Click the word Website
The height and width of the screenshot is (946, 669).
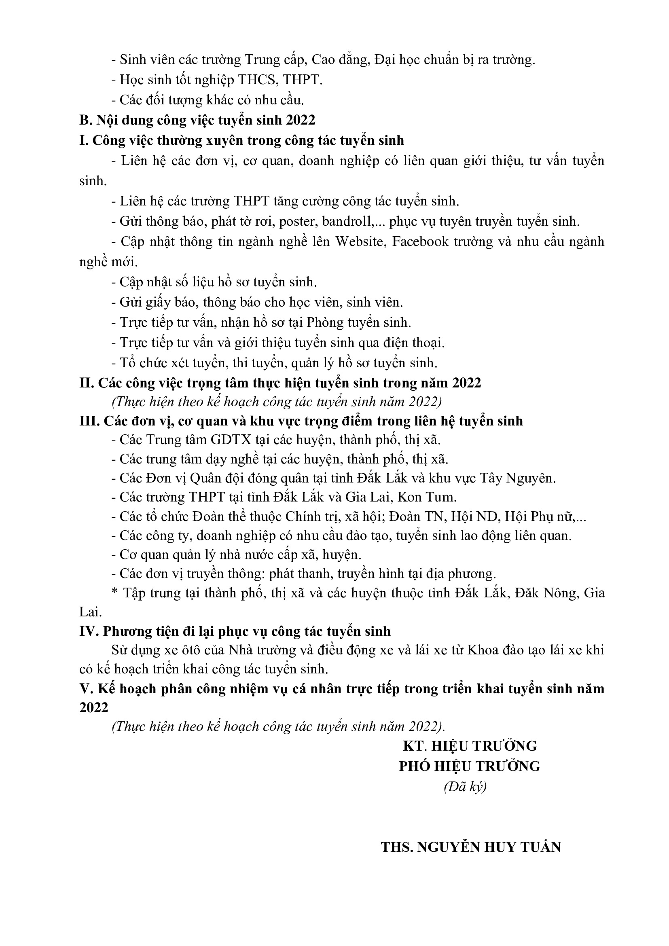coord(359,242)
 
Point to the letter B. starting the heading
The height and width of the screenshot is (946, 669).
coord(85,120)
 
